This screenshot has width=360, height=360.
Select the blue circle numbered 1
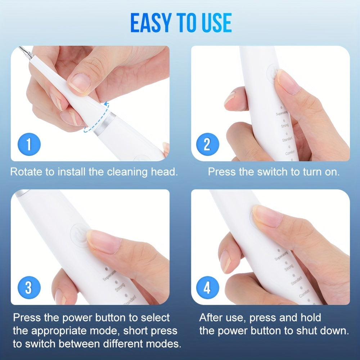point(29,145)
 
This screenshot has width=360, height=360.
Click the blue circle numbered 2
point(207,145)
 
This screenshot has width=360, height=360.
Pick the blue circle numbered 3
point(29,288)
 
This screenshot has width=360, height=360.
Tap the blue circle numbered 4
point(207,288)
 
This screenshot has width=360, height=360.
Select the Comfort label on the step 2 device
point(290,153)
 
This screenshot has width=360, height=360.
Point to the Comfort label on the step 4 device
point(304,295)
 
